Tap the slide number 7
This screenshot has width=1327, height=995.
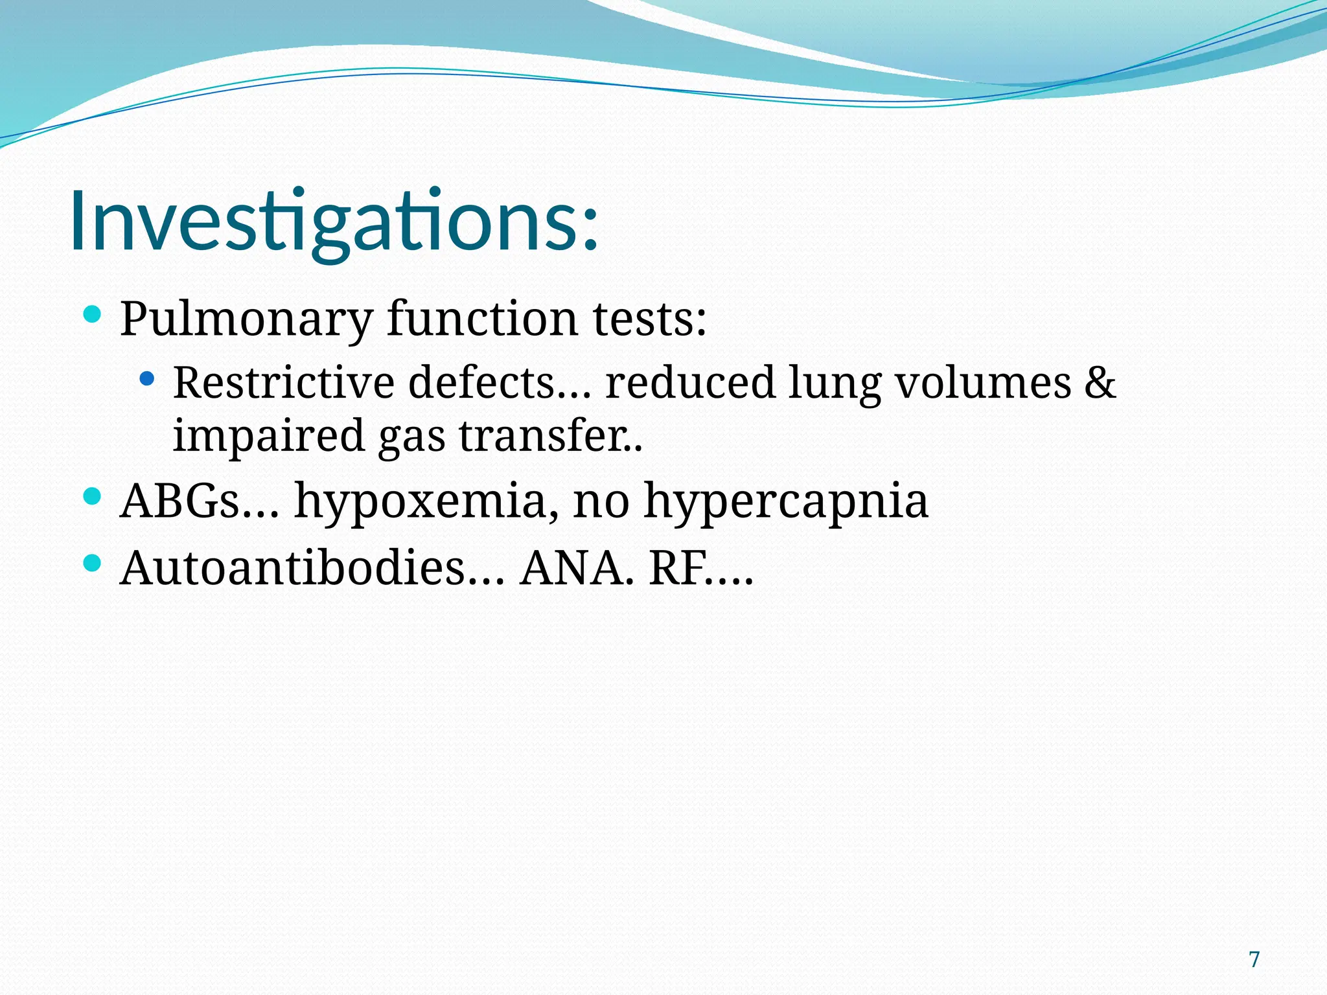pyautogui.click(x=1254, y=959)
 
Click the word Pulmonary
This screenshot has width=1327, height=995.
pyautogui.click(x=246, y=319)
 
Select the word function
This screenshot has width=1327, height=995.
pyautogui.click(x=483, y=319)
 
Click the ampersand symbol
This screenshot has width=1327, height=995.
pyautogui.click(x=1100, y=382)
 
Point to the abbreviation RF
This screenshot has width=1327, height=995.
pyautogui.click(x=677, y=568)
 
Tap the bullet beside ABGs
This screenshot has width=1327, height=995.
pyautogui.click(x=93, y=497)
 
